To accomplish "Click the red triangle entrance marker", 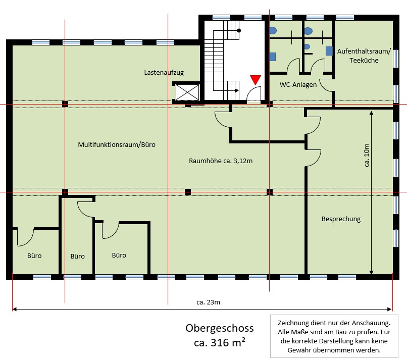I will tap(256, 79).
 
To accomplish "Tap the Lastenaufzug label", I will tap(164, 73).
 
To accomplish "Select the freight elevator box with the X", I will tap(187, 92).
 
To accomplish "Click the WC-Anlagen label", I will tap(298, 84).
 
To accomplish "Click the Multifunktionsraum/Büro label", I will tap(117, 144).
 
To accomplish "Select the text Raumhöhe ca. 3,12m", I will tap(221, 161).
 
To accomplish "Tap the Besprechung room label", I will tap(341, 219).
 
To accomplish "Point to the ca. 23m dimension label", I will tap(208, 302).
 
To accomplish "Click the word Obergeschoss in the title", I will tap(219, 329).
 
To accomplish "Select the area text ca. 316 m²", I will tap(220, 343).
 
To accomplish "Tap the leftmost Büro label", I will tap(34, 255).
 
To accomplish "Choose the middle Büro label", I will tap(77, 256).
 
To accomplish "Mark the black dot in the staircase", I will tap(239, 30).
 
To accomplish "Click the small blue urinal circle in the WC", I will tap(307, 46).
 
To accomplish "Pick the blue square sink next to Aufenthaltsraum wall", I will tap(329, 50).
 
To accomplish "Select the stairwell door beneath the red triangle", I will tap(254, 95).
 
